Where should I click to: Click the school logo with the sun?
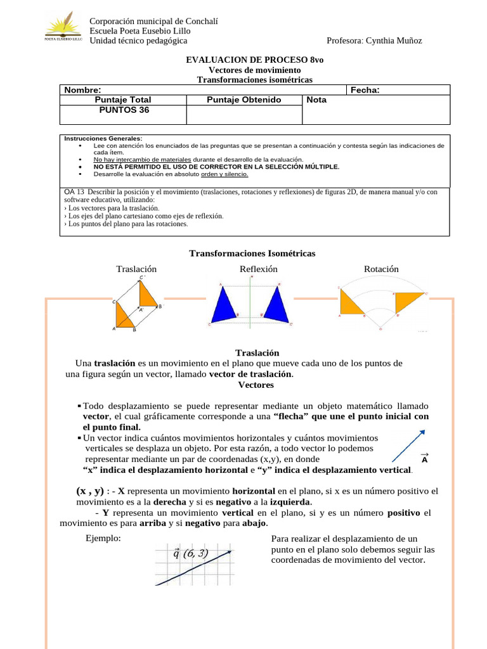click(63, 29)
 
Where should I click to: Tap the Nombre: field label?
click(82, 90)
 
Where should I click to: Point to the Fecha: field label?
click(365, 90)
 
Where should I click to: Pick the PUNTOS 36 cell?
click(122, 110)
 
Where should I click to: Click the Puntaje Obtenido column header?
click(244, 100)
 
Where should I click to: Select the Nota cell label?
click(316, 100)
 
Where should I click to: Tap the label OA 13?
click(75, 192)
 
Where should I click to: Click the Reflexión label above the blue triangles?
click(259, 269)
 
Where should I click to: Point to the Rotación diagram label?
click(381, 269)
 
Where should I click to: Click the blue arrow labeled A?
click(408, 446)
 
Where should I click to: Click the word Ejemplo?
click(103, 539)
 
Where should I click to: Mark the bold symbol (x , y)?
click(90, 491)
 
